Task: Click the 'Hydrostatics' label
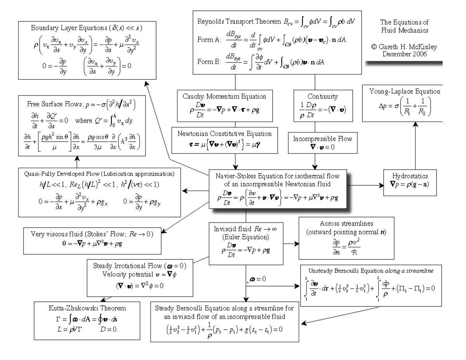point(411,175)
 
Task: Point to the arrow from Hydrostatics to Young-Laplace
point(416,146)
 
